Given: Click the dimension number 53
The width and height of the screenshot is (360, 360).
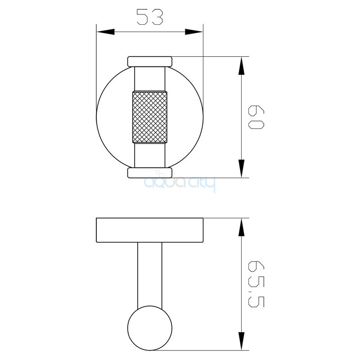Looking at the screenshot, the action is point(150,17).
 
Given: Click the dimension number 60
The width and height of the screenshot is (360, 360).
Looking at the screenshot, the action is point(256,117).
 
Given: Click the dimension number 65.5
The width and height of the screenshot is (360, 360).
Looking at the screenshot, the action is point(256,284).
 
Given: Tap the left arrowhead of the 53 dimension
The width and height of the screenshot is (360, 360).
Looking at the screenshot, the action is point(105,32).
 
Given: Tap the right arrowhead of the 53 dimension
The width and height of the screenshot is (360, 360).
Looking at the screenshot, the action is point(194,32).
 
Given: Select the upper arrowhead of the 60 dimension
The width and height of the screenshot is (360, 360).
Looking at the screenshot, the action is point(241,65).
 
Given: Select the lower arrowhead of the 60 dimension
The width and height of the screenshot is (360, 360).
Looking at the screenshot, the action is point(241,168).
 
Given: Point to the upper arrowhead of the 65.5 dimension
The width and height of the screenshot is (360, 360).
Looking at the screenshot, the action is point(241,227).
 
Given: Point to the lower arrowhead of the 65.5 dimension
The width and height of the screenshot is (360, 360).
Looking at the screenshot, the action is point(241,341).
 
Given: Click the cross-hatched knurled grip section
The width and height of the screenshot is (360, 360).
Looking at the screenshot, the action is point(150,117).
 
